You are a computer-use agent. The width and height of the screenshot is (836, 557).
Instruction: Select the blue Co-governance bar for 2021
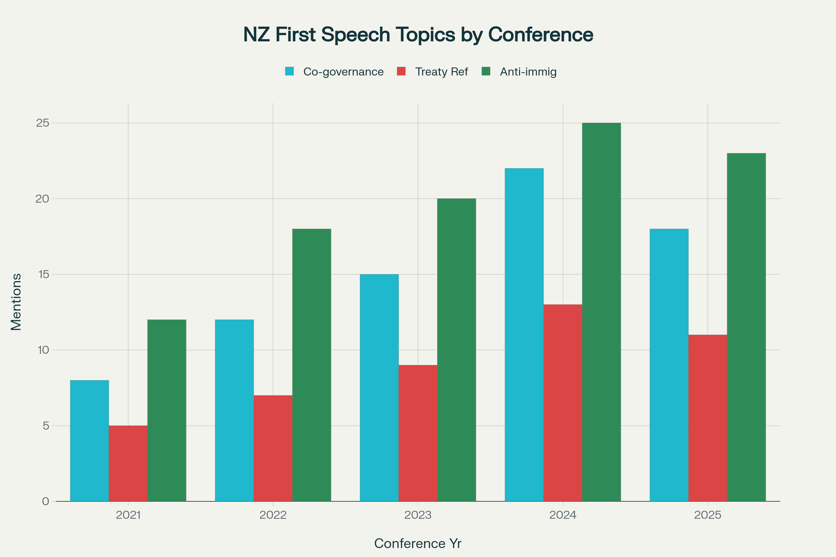pos(89,440)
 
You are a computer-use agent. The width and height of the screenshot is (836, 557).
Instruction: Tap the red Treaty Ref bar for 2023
pos(418,433)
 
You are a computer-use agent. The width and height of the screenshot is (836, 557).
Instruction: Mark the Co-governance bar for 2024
pos(524,334)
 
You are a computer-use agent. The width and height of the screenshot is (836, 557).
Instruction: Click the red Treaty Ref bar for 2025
pos(707,418)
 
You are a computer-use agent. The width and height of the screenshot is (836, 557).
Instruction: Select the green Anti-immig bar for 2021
pos(167,410)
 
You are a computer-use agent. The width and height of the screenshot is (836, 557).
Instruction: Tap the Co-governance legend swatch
pos(290,71)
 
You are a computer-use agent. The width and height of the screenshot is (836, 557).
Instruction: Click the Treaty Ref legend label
pos(441,72)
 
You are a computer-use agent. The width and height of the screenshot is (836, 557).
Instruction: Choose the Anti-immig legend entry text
pos(528,72)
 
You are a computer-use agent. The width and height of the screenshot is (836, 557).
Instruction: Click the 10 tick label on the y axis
pos(43,350)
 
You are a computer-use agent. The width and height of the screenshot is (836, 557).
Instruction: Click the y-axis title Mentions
pos(16,302)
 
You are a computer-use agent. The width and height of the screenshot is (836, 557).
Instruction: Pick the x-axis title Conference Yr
pos(418,544)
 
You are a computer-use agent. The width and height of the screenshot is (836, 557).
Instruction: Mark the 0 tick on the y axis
pos(46,501)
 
